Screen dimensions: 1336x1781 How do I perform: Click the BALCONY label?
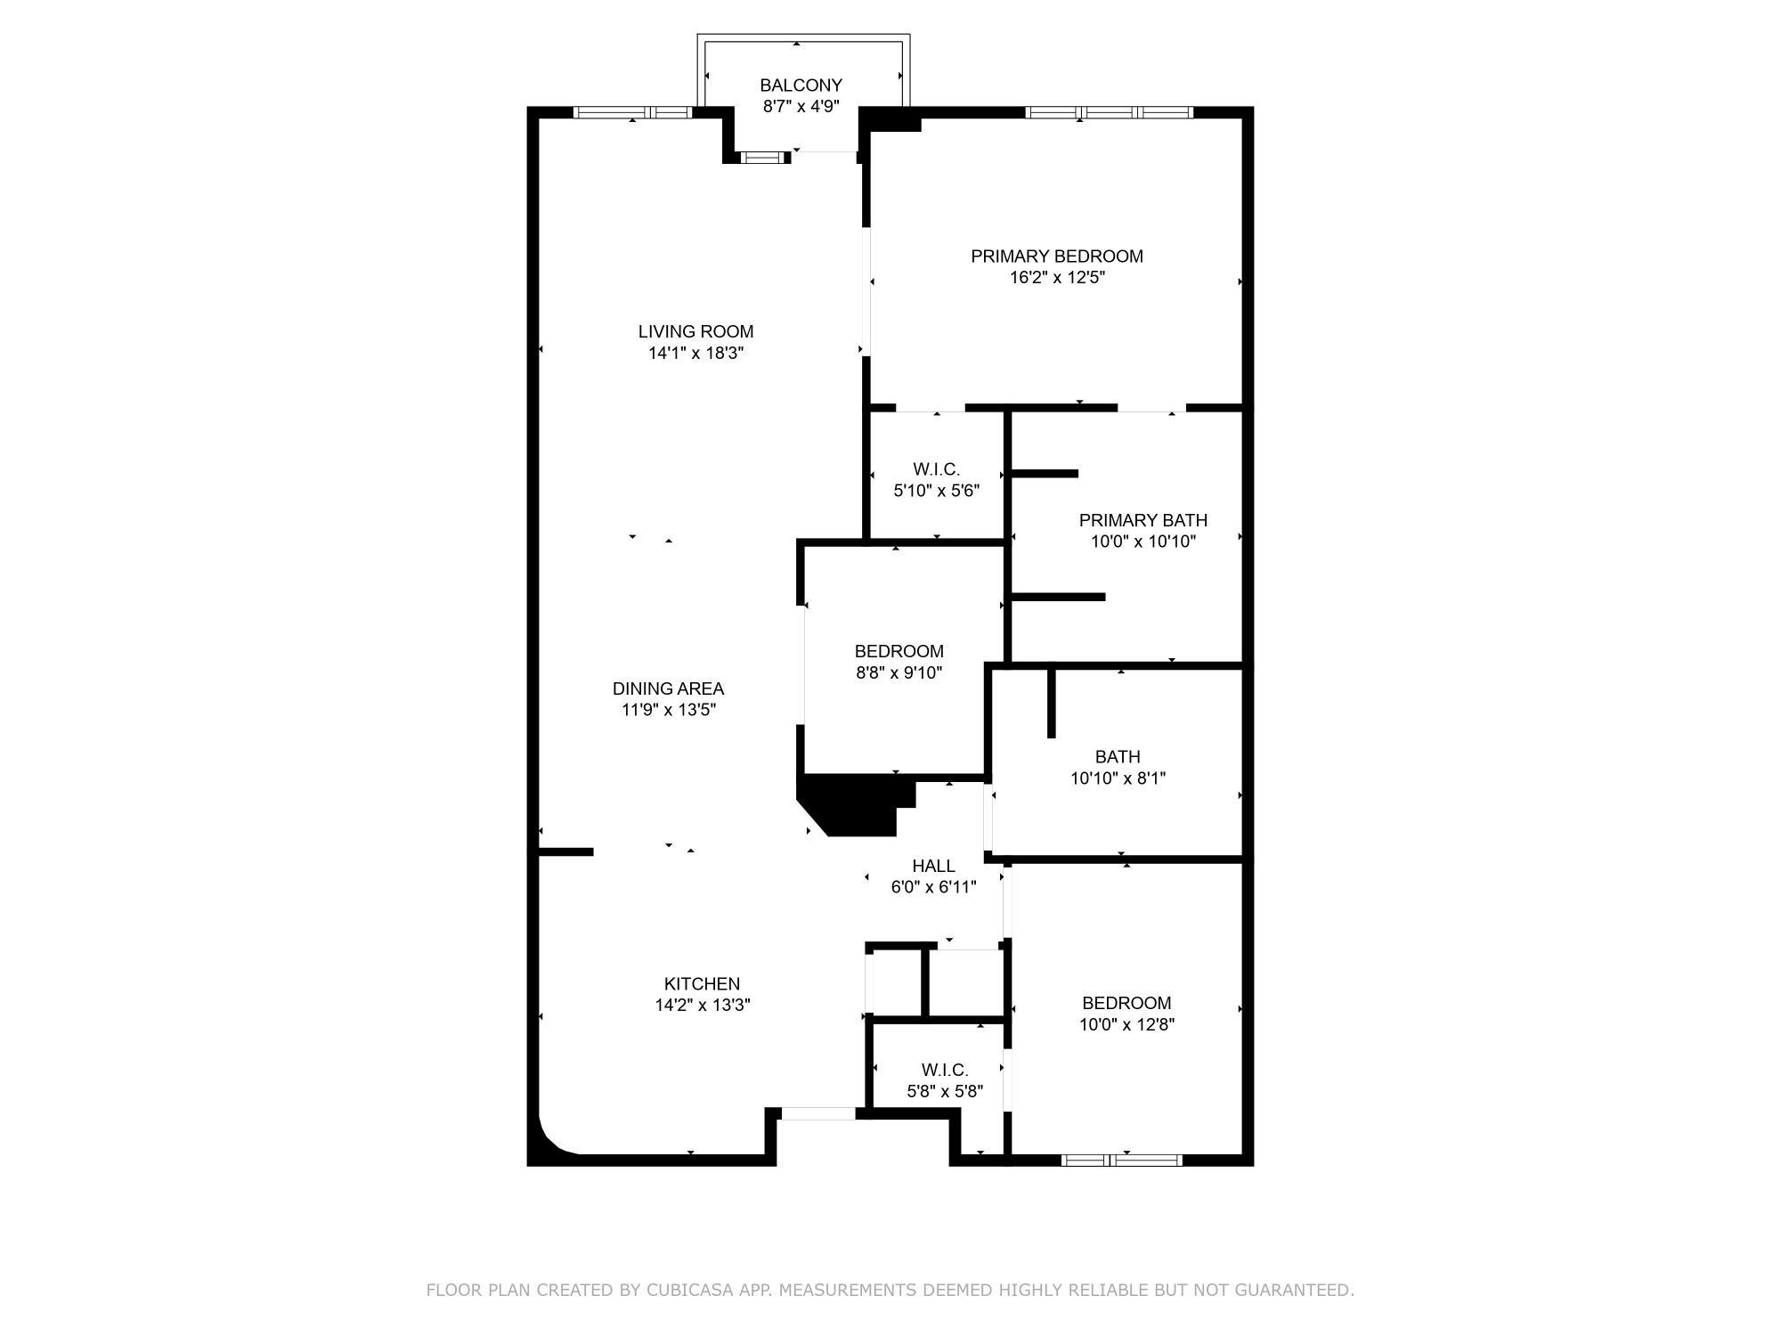pos(801,86)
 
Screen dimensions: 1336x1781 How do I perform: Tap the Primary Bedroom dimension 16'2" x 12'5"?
pos(1057,277)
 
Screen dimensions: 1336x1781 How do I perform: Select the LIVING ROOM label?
pos(695,331)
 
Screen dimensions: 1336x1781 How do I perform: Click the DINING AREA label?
pos(668,688)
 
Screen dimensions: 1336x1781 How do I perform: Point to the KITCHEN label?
pos(702,983)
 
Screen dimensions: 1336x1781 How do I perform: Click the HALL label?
pos(933,866)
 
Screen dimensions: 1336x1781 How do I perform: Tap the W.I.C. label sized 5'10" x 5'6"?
pos(936,469)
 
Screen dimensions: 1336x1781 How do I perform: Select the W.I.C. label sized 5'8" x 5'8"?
pos(944,1070)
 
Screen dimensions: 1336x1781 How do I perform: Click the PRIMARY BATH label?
pos(1143,520)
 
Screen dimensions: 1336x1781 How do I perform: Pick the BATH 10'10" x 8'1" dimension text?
pos(1118,778)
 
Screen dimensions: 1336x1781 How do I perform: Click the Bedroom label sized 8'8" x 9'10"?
pos(899,651)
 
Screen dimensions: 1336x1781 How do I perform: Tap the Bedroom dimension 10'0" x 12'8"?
pos(1126,1024)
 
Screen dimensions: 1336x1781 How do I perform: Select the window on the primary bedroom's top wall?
pos(1108,112)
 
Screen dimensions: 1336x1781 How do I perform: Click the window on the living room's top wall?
pos(631,112)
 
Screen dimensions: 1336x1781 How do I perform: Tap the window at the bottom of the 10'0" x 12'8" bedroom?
pos(1121,1160)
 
